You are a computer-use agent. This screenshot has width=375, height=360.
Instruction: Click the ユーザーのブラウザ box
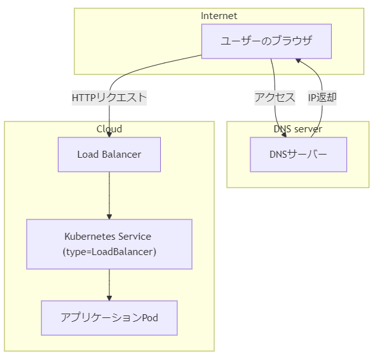tap(266, 41)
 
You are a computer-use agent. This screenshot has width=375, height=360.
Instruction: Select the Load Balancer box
tap(109, 155)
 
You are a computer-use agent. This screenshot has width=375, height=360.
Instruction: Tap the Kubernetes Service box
tap(109, 244)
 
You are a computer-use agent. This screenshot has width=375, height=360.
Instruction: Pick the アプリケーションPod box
tap(109, 318)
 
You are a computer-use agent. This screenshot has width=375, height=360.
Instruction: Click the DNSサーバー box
tap(299, 155)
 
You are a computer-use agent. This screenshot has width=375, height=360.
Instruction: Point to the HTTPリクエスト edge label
tap(109, 98)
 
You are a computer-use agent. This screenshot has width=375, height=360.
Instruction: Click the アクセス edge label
tap(275, 98)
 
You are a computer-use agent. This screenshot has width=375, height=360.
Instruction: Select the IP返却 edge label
tap(322, 98)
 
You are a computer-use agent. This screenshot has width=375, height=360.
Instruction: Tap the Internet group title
tap(219, 16)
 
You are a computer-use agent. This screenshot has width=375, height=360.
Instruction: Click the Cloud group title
tap(109, 129)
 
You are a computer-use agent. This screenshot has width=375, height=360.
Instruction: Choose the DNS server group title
tap(298, 129)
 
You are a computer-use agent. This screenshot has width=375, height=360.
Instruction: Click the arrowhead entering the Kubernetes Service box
tap(109, 217)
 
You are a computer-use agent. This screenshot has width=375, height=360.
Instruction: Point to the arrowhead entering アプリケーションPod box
tap(109, 298)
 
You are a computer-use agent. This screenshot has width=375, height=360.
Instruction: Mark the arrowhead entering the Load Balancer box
tap(109, 135)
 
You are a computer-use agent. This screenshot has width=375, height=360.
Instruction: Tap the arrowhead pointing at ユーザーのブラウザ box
tap(298, 60)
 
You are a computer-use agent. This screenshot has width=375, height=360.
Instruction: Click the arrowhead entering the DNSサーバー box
tap(284, 135)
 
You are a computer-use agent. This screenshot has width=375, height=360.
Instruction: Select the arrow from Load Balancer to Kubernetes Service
tap(109, 195)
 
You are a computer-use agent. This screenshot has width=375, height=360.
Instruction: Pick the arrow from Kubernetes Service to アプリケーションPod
tap(109, 285)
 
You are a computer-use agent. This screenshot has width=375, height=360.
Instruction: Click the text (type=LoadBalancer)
tap(109, 252)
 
